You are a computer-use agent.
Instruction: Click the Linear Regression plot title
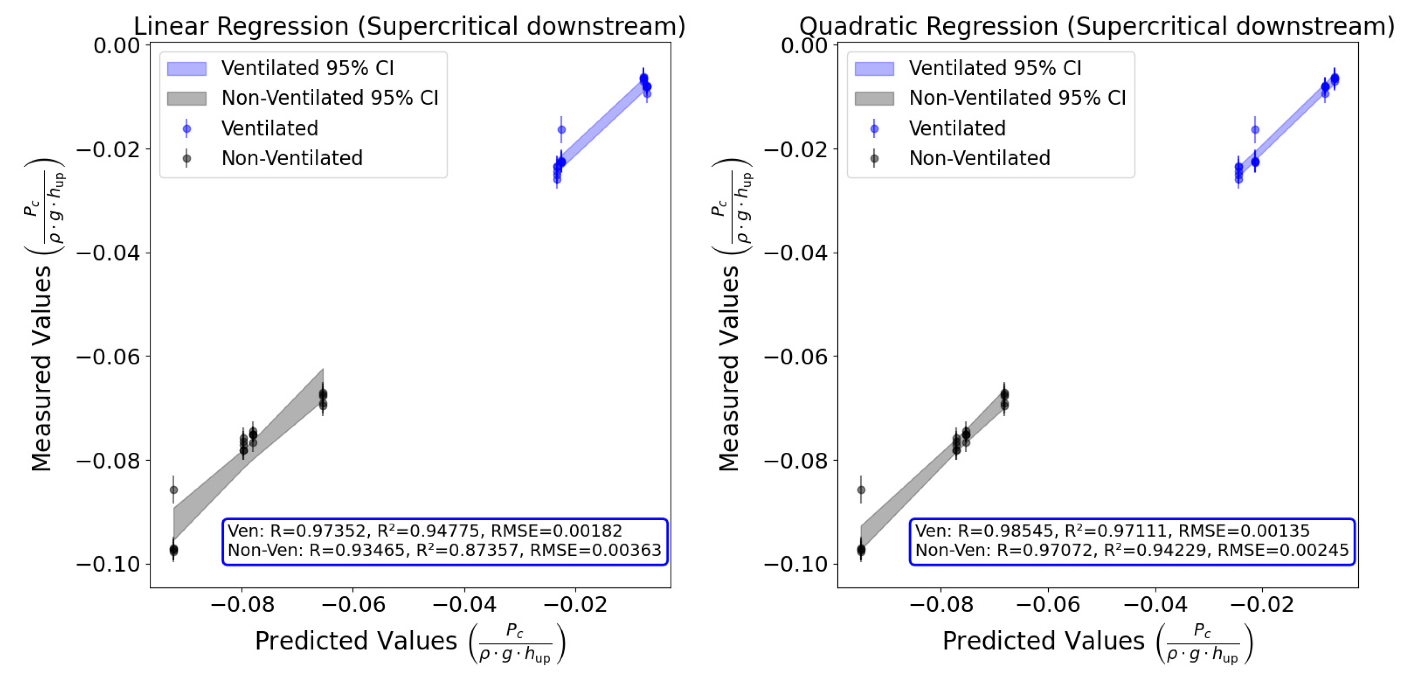(409, 26)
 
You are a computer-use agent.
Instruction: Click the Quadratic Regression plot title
(1096, 26)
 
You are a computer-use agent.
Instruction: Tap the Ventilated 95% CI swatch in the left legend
(187, 69)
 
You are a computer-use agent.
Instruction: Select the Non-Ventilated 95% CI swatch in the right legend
(874, 98)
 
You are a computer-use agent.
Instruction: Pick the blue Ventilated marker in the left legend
(187, 129)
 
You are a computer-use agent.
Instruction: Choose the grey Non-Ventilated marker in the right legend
(874, 159)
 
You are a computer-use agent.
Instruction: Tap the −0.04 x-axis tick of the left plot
(464, 604)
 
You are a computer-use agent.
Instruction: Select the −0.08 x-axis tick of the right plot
(940, 604)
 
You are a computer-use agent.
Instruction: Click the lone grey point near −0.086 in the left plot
(174, 490)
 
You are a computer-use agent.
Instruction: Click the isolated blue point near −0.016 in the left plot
(561, 129)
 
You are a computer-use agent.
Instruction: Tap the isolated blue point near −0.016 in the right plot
(1255, 129)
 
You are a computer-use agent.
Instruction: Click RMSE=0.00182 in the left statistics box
(556, 531)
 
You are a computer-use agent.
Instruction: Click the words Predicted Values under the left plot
(356, 641)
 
